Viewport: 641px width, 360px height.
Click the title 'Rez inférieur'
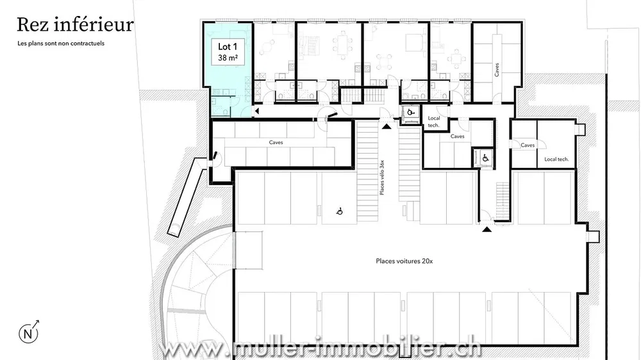(75, 25)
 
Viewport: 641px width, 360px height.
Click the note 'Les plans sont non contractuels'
(61, 44)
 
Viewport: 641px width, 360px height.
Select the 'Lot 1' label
(227, 47)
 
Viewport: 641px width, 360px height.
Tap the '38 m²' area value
(227, 58)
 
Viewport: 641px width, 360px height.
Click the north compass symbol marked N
(28, 333)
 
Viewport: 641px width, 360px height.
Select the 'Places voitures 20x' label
(404, 261)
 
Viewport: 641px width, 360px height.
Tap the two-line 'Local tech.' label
(434, 122)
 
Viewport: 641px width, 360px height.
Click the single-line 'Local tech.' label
(556, 159)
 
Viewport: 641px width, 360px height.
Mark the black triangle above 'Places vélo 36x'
(386, 127)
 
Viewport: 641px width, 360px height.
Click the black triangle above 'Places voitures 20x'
(487, 228)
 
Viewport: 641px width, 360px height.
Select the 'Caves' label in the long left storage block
(276, 142)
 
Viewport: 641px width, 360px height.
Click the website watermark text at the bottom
(320, 350)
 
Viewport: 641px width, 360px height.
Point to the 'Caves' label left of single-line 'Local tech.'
(528, 145)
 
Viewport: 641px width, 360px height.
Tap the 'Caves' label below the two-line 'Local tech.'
(458, 136)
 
